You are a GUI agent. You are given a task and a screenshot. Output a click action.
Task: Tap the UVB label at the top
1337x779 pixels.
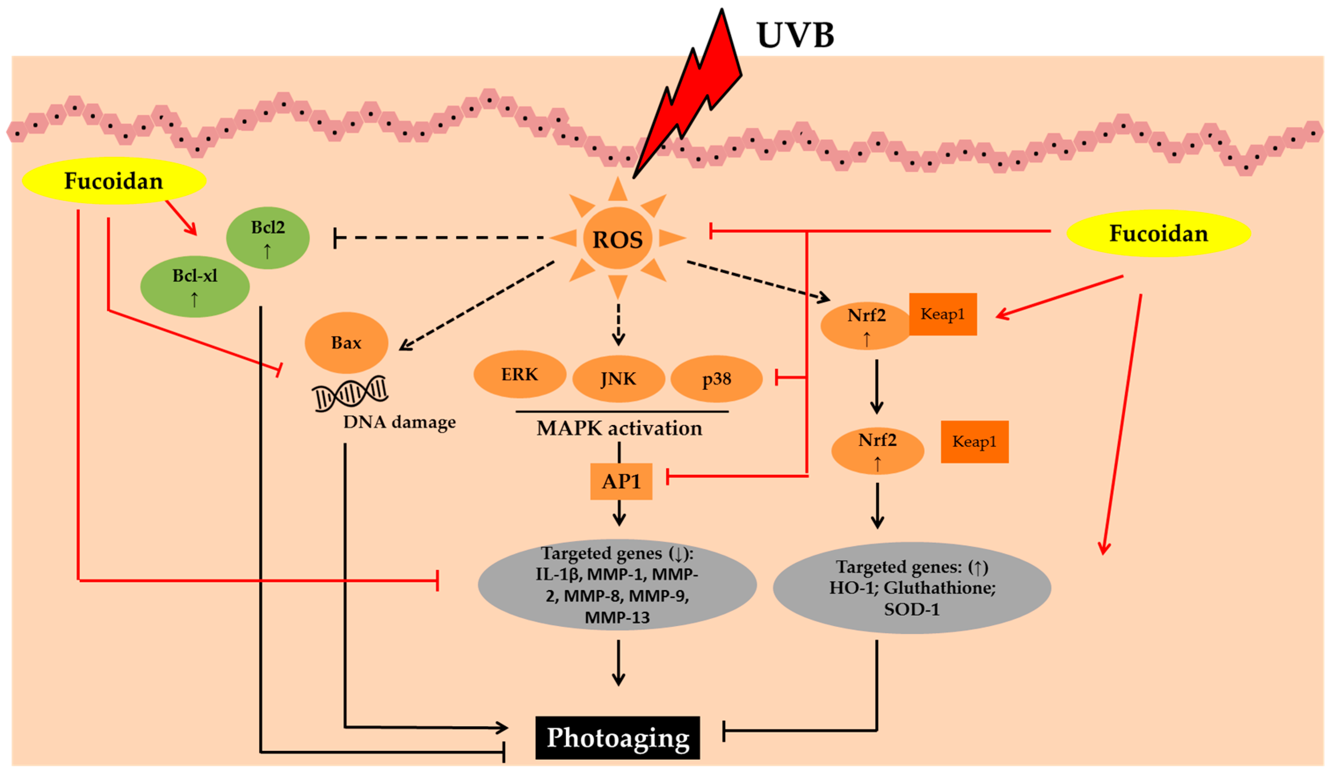coord(795,35)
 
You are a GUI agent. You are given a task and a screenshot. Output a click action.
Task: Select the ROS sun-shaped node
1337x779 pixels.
coord(617,239)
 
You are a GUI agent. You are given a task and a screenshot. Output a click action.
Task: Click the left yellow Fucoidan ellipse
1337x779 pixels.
coord(114,181)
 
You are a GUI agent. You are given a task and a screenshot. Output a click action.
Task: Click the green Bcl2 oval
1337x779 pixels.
coord(268,237)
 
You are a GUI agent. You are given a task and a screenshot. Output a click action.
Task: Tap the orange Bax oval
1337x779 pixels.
coord(346,343)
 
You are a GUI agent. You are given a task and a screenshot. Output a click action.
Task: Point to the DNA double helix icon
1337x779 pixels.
coord(350,393)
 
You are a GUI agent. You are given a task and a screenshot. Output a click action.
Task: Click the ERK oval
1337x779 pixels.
coord(520,374)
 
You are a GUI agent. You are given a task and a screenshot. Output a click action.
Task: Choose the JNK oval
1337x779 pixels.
coord(619,379)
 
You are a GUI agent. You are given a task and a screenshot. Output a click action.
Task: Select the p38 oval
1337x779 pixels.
coord(717,379)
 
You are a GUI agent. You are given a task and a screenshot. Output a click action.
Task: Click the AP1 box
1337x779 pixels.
coord(621,482)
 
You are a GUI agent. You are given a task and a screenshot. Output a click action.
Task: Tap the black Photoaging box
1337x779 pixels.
coord(617,738)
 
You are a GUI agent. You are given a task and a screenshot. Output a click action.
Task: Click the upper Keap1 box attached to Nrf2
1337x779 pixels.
coord(943,314)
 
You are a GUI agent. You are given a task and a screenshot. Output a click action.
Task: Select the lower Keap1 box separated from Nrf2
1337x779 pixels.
coord(975,442)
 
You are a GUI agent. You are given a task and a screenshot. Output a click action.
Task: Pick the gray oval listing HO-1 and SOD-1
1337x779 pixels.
coord(912,588)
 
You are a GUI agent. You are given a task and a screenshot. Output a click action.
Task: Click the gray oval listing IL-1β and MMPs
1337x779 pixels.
coord(617,584)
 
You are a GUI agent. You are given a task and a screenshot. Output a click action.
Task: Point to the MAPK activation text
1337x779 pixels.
coord(619,428)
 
